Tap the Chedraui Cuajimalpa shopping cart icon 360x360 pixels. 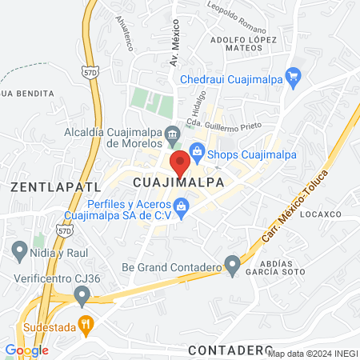294,78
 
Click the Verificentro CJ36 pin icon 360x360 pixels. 82,296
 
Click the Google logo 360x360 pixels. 26,350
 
